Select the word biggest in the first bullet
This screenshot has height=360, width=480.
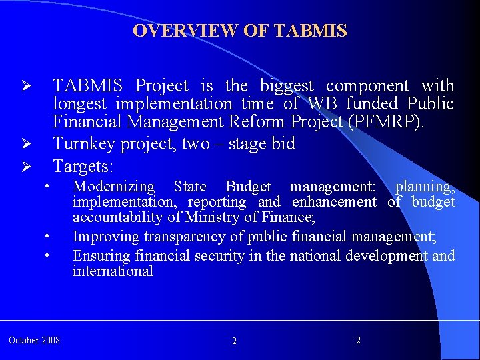(x=287, y=86)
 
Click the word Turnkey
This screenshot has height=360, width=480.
(x=83, y=144)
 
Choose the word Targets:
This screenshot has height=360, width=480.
(x=84, y=165)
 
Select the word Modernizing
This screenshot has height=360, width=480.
(x=113, y=187)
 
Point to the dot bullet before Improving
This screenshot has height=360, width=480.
(x=48, y=237)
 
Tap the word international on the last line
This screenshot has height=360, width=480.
(x=113, y=271)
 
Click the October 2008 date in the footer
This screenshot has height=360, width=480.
(x=34, y=341)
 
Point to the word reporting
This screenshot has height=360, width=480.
(x=217, y=202)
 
